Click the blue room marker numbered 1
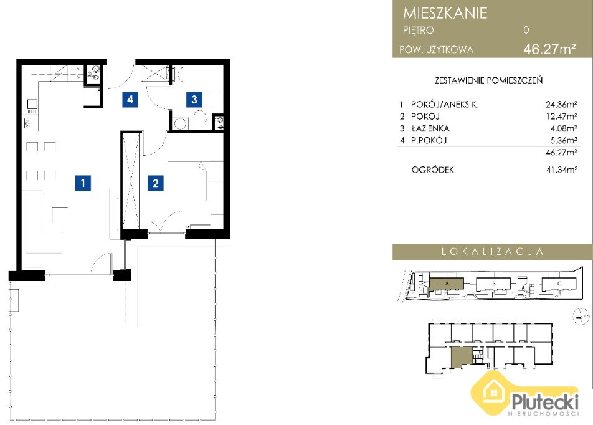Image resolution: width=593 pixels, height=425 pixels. tap(83, 183)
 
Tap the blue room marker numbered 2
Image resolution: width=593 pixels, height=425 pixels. tap(156, 183)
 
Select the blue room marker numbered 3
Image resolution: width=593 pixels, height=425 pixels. tap(194, 100)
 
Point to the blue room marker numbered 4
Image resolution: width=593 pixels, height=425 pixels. tap(130, 100)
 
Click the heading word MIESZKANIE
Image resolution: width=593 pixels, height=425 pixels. tap(445, 13)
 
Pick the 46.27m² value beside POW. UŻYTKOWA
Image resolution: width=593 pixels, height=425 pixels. tap(549, 49)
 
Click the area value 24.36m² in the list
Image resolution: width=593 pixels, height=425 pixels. tap(561, 105)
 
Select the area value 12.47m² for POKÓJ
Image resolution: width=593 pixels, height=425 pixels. tap(561, 116)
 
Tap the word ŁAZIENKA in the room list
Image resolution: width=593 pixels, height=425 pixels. tap(430, 128)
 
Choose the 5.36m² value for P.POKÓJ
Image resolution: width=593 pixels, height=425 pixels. tap(564, 140)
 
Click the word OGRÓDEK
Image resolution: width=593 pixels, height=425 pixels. tap(433, 170)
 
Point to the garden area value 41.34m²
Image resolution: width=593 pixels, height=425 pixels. tap(562, 170)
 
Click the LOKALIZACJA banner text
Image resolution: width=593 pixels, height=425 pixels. tap(492, 251)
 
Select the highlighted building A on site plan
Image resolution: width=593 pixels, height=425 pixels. tap(446, 284)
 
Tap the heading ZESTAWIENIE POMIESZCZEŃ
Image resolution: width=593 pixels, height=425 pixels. tap(488, 80)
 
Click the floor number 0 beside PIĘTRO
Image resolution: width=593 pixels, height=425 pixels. tap(526, 30)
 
